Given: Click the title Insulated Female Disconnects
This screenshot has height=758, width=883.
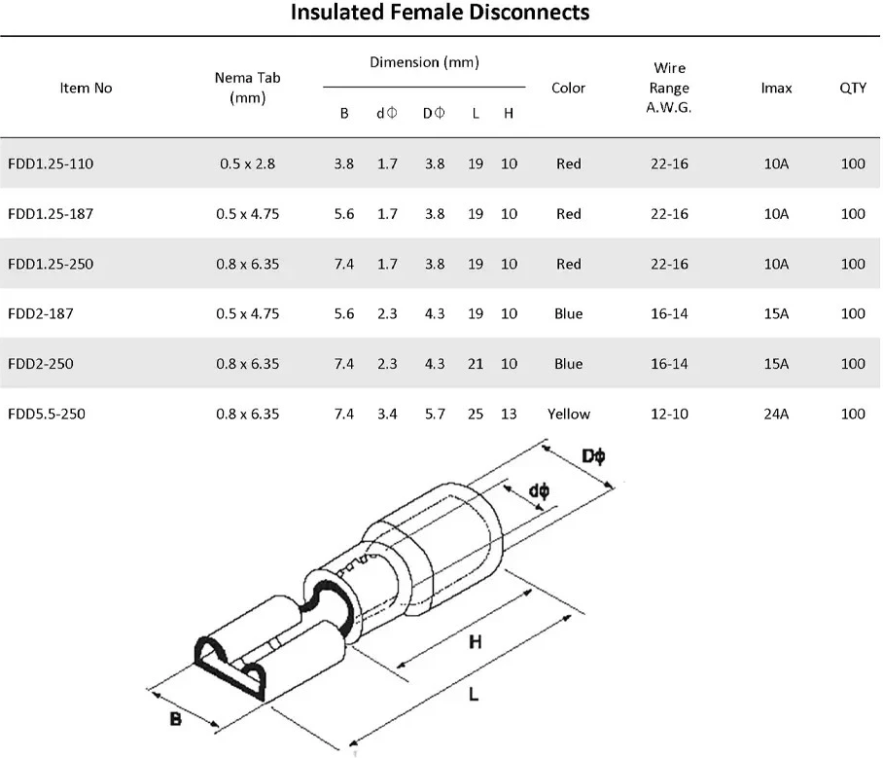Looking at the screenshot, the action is (x=440, y=12).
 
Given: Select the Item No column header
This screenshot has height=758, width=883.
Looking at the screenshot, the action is (x=87, y=88).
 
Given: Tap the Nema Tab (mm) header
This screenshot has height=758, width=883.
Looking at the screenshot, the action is (x=248, y=88).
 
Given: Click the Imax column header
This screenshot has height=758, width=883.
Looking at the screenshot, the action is (x=776, y=88).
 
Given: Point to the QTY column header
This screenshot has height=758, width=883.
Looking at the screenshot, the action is (x=853, y=88).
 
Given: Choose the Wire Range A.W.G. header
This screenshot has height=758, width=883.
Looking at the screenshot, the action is (x=669, y=88).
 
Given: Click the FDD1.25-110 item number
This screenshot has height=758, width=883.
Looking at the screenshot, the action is (x=51, y=163).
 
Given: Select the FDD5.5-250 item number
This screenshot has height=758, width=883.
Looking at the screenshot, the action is (x=47, y=414).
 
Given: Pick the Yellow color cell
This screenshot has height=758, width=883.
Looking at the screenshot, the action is (x=569, y=414).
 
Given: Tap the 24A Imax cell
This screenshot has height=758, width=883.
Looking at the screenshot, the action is (x=776, y=414).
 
